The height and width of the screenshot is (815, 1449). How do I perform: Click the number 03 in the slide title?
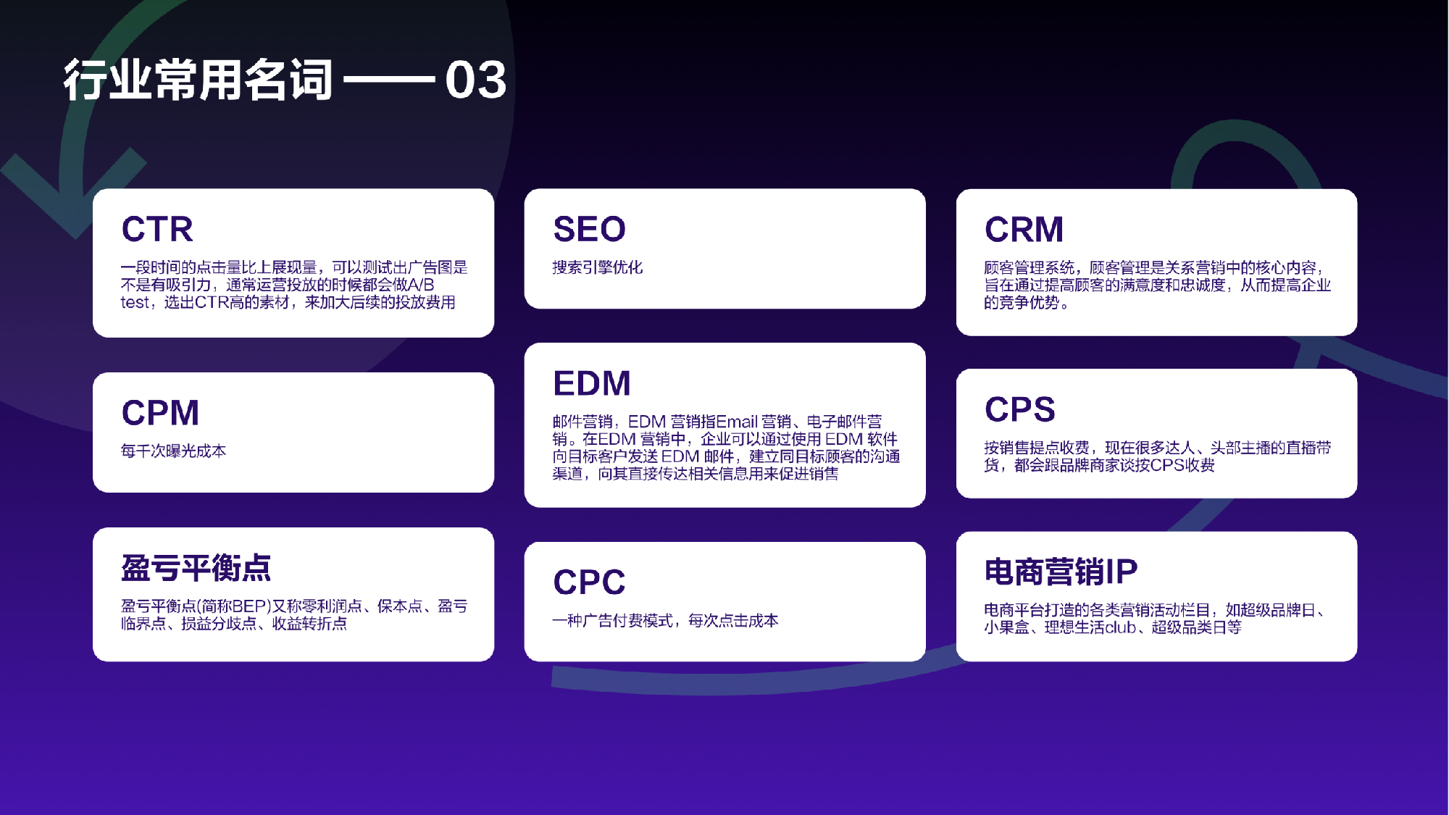click(x=475, y=80)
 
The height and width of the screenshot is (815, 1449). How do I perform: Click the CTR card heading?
click(x=157, y=229)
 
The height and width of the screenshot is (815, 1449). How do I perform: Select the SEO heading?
click(x=589, y=229)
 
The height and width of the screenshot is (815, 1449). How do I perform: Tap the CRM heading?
click(x=1024, y=230)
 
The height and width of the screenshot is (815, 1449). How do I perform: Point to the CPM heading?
click(x=160, y=413)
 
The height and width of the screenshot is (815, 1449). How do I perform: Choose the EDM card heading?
click(x=592, y=383)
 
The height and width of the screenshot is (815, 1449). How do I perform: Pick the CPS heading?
click(x=1019, y=409)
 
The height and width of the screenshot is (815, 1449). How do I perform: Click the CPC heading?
click(x=589, y=582)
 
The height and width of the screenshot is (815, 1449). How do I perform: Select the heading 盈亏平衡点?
click(x=196, y=568)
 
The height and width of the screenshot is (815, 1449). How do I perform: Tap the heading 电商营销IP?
click(x=1061, y=572)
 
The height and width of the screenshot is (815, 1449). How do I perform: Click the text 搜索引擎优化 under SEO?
click(x=597, y=267)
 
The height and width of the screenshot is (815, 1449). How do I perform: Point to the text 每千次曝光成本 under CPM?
click(x=173, y=451)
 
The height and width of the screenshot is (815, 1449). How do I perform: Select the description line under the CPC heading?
click(x=665, y=621)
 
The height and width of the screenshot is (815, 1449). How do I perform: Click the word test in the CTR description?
click(x=135, y=303)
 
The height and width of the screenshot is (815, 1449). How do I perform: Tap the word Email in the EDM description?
click(x=736, y=422)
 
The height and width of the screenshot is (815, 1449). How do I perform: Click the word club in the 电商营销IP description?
click(x=1120, y=627)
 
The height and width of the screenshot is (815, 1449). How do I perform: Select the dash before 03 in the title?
click(x=389, y=80)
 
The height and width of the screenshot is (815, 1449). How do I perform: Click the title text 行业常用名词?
click(x=198, y=80)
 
